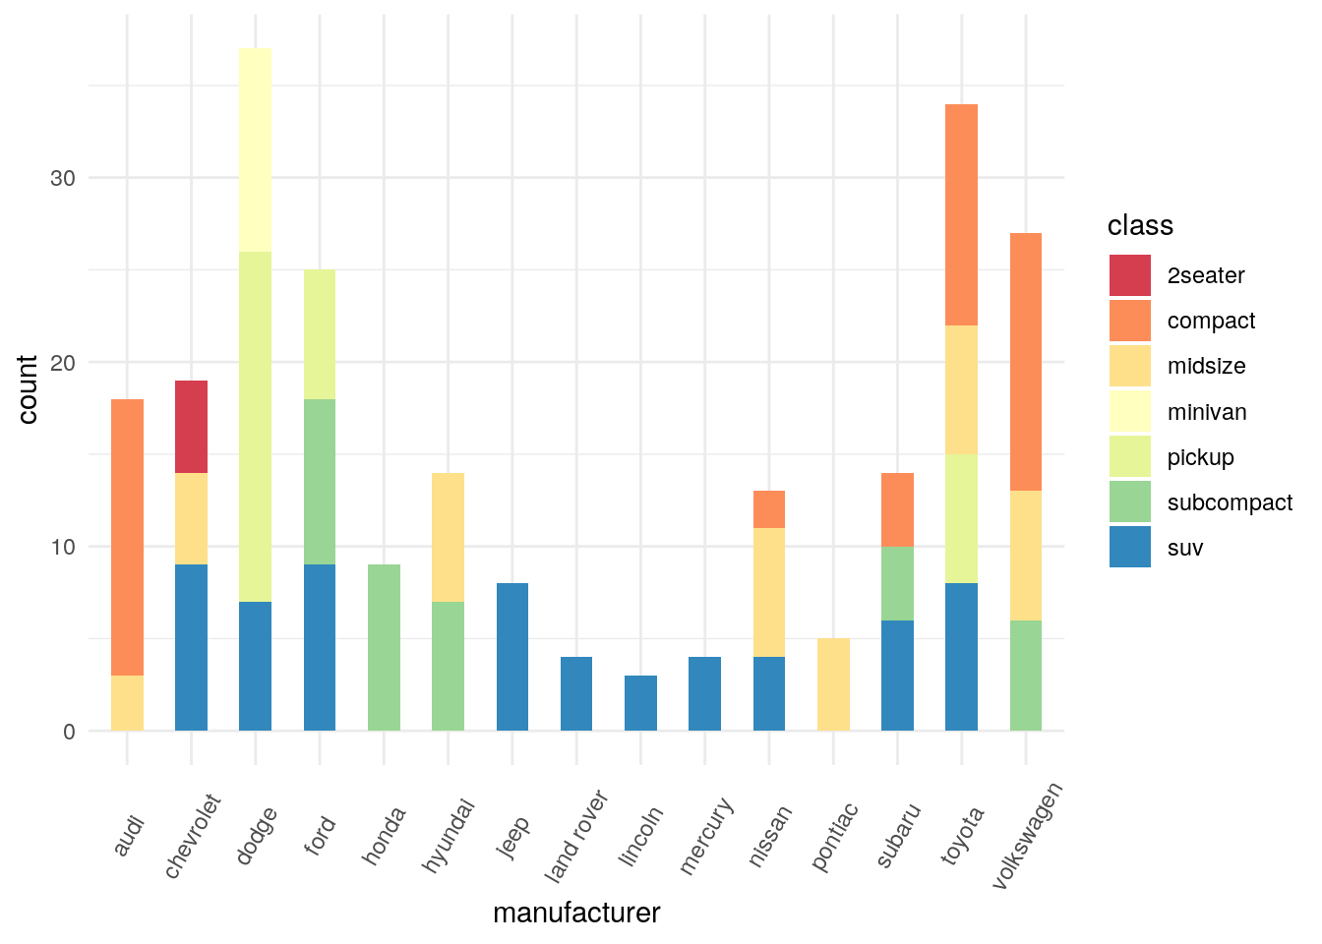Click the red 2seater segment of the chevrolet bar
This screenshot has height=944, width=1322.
[191, 427]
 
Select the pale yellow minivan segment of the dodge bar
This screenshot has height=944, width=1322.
[255, 149]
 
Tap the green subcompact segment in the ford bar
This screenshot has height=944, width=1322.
[320, 482]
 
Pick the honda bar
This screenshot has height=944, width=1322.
[384, 647]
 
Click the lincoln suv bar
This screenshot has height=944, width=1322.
[640, 703]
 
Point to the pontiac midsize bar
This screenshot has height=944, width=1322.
[833, 684]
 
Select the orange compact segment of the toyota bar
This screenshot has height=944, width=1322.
[961, 214]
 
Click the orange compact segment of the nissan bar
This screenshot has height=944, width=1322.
[769, 509]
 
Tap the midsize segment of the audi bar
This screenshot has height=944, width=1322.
[127, 703]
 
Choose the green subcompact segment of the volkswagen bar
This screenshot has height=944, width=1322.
[1025, 676]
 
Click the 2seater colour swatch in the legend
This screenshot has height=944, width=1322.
[1129, 275]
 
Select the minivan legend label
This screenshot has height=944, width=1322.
[1207, 412]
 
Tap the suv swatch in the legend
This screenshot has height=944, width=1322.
[1129, 548]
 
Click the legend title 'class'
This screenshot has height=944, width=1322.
[1140, 225]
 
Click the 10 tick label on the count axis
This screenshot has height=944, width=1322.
[63, 547]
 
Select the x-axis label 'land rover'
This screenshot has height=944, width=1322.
[577, 836]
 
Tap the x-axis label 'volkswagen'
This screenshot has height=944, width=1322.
[1027, 836]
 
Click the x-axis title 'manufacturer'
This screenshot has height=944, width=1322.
[576, 914]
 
